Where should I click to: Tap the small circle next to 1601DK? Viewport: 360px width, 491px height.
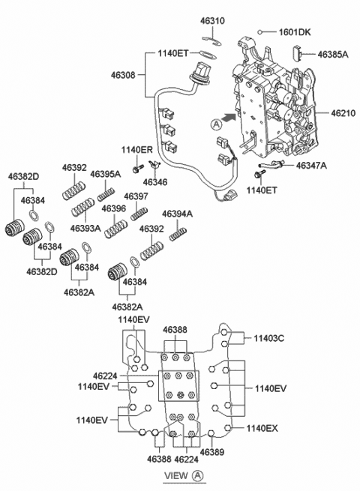point(259,32)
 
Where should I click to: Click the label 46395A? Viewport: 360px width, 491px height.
point(106,174)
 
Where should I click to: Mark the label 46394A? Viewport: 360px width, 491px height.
point(178,214)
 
